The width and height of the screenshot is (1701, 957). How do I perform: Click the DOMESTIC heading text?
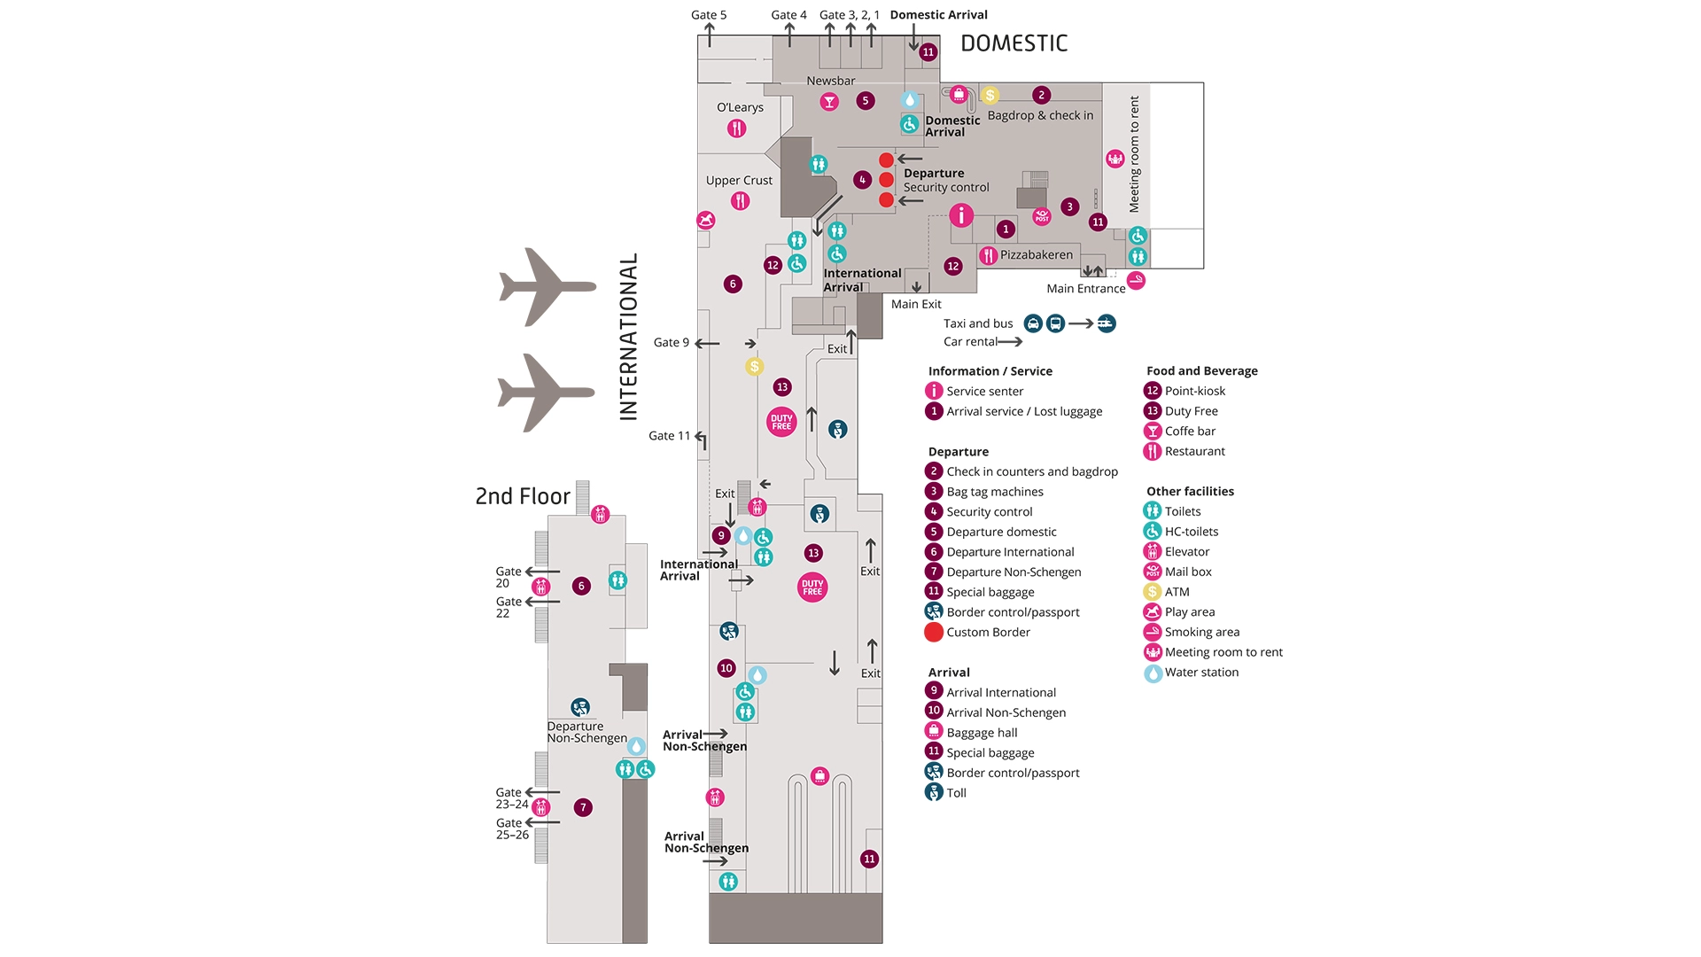[x=1014, y=43]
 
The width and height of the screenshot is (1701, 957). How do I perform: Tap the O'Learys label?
[x=740, y=107]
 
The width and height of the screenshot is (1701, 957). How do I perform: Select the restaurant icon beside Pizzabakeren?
[x=989, y=256]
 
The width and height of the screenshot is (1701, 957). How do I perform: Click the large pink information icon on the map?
[x=961, y=215]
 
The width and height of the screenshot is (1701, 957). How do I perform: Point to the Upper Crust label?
[x=739, y=181]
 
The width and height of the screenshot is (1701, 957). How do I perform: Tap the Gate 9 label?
[x=671, y=343]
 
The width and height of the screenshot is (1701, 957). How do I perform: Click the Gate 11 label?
[x=669, y=436]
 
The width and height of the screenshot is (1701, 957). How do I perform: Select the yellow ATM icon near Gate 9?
[x=754, y=366]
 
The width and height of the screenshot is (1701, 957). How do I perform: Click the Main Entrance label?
[x=1085, y=289]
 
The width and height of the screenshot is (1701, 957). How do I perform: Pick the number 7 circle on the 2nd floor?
[x=582, y=807]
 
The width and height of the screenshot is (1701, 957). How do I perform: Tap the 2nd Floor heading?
[x=523, y=496]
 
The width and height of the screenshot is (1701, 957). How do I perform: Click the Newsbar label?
[x=830, y=81]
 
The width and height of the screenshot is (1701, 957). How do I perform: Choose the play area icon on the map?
[x=705, y=220]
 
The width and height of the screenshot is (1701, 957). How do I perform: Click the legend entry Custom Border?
[x=988, y=633]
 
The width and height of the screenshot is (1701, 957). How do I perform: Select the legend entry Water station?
[x=1201, y=673]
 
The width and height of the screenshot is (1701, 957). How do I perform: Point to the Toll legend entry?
[x=956, y=793]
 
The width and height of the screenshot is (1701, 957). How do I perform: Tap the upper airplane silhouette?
[x=547, y=286]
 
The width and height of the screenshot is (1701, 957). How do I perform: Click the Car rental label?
[x=970, y=342]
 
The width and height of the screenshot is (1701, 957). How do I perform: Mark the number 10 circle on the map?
[x=726, y=668]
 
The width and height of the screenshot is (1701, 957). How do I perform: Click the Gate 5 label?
[x=708, y=15]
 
